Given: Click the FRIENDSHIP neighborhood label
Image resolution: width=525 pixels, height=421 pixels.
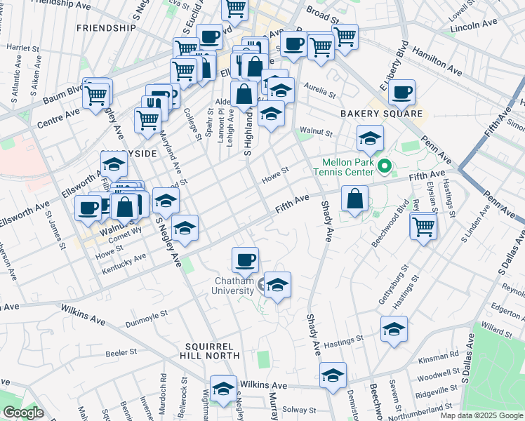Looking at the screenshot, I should click(x=106, y=28).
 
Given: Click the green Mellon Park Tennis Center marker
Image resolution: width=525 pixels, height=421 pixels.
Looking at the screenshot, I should click(x=384, y=167).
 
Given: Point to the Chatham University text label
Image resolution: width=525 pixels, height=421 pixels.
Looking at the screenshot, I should click(x=234, y=286).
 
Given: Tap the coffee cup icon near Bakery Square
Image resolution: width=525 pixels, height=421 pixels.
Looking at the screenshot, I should click(x=402, y=92).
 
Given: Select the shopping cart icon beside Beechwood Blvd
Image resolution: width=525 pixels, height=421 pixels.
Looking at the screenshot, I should click(x=424, y=226).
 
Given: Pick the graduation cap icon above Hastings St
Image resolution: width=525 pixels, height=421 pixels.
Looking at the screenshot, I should click(x=394, y=328).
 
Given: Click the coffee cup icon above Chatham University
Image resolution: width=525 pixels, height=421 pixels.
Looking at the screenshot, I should click(x=245, y=260).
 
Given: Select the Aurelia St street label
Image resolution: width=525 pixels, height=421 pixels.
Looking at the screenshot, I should click(x=320, y=88).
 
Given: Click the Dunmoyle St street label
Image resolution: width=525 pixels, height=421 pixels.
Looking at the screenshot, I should click(x=147, y=323).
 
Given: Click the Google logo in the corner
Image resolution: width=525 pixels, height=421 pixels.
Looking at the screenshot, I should click(x=23, y=413).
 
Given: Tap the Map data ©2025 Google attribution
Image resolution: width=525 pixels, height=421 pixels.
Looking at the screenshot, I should click(x=481, y=415).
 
